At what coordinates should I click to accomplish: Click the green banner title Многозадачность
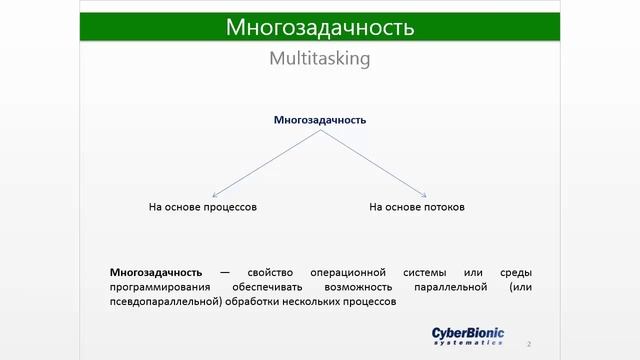point(320,27)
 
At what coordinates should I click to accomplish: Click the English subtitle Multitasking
point(320,59)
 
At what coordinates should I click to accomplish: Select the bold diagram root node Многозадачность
point(320,120)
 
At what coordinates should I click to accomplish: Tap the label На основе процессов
point(203,207)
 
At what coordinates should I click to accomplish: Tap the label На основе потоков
point(417,207)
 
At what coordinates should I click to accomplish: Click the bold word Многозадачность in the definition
point(156,272)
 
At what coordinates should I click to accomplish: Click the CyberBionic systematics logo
point(468,336)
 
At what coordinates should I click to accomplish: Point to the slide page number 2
point(528,343)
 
